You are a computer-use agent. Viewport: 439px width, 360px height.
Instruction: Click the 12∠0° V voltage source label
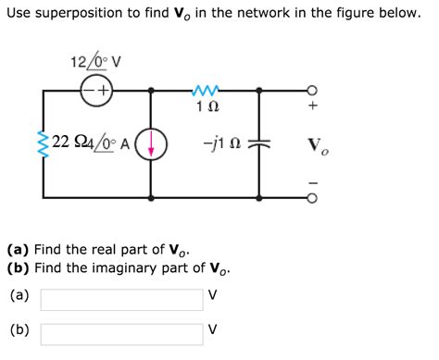(95, 62)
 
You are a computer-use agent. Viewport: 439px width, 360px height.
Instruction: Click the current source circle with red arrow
(152, 143)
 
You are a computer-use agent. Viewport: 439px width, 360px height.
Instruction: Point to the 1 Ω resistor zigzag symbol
(206, 90)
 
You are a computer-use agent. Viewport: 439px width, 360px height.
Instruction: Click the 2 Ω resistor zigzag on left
(42, 143)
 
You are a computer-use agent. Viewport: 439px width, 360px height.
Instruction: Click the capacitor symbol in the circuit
(260, 143)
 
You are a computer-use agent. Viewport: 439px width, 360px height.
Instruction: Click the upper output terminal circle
(313, 91)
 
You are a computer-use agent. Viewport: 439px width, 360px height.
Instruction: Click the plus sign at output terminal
(313, 107)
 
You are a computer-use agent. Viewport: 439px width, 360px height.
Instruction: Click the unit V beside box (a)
(213, 297)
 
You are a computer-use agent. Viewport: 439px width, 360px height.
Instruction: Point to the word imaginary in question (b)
(129, 268)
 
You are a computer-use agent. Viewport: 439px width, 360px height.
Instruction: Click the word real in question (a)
(108, 250)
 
